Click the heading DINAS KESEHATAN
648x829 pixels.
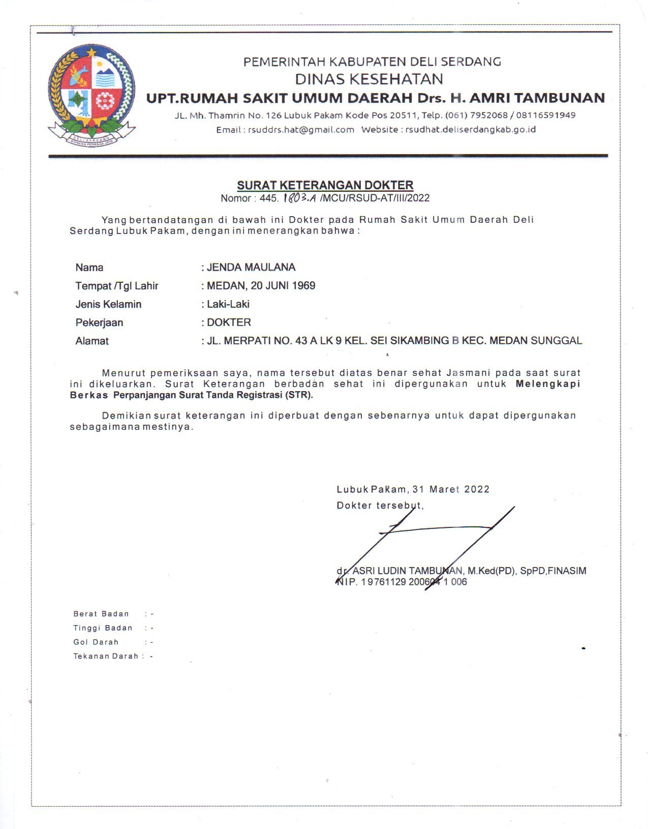(x=369, y=79)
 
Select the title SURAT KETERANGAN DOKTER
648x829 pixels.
(x=325, y=185)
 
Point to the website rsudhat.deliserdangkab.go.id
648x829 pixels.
(x=471, y=130)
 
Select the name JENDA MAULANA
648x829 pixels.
(x=251, y=268)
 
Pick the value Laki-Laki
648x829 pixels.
(x=228, y=304)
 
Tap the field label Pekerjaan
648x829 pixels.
(x=99, y=322)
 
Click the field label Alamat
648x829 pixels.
(x=92, y=341)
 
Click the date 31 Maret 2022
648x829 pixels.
(x=451, y=489)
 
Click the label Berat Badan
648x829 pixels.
(x=101, y=614)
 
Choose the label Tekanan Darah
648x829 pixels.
(x=106, y=656)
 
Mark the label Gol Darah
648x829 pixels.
(x=96, y=642)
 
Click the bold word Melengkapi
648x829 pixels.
(x=548, y=384)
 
